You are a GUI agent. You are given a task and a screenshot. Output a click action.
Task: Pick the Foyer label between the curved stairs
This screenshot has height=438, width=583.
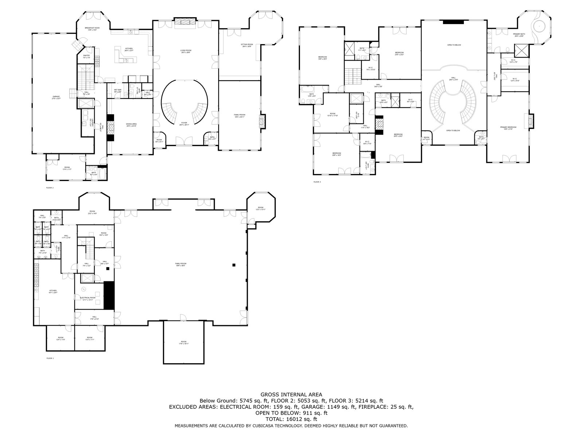pyautogui.click(x=184, y=124)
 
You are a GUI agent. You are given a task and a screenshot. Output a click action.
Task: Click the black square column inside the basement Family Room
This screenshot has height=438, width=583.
pyautogui.click(x=234, y=265)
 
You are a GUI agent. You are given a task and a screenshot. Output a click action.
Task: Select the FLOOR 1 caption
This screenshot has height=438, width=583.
pyautogui.click(x=50, y=358)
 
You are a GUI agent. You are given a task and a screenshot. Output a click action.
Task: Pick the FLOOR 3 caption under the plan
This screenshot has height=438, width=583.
pyautogui.click(x=317, y=182)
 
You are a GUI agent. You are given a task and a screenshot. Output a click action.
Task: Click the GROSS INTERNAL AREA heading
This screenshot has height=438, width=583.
pyautogui.click(x=291, y=395)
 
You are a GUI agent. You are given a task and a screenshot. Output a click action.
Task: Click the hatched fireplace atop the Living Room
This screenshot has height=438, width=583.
pyautogui.click(x=185, y=23)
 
